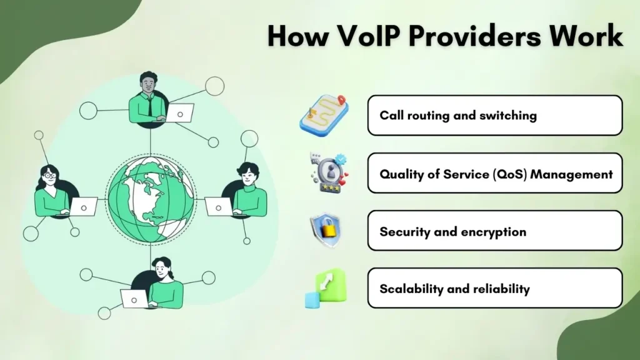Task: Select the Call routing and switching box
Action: tap(494, 116)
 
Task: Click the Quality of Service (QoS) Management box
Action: tap(494, 173)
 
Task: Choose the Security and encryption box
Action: tap(494, 231)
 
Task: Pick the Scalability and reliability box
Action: tap(494, 288)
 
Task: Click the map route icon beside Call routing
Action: tap(323, 115)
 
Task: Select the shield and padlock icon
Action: tap(325, 231)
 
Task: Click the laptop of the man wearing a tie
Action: tap(182, 113)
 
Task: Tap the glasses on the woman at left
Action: tap(49, 176)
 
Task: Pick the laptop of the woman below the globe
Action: tap(134, 299)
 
